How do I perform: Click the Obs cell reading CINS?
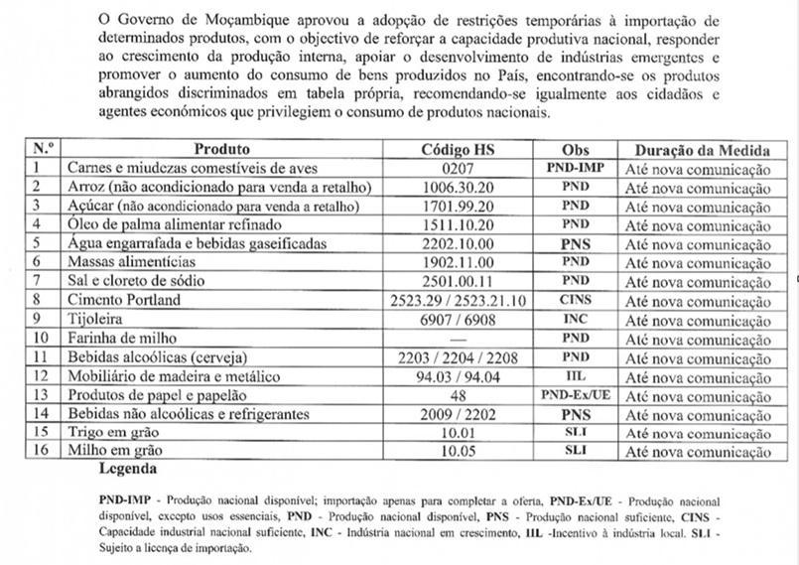coord(576,299)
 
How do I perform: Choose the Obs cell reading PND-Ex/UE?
coord(576,394)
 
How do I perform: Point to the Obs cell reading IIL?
coord(576,375)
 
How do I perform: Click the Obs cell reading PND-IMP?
coord(576,168)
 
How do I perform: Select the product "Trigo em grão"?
coord(112,432)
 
